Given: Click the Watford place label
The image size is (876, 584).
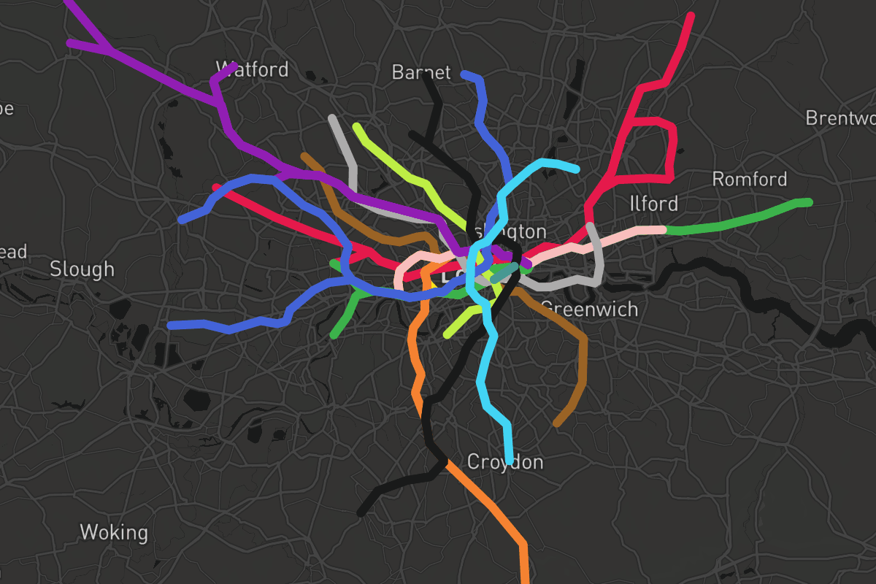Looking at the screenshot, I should point(253,70).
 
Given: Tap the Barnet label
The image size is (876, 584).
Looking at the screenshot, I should point(421,72).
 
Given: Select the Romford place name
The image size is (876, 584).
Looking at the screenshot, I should point(750,180).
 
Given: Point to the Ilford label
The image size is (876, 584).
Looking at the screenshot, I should point(653,204).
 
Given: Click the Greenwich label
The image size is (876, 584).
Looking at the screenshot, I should point(590,310).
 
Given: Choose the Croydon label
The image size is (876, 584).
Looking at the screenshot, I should point(505,463).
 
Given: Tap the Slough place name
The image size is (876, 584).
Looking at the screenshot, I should point(82,269).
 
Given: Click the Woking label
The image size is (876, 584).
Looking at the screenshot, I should point(113,532).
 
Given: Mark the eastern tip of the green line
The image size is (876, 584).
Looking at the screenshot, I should point(809,202).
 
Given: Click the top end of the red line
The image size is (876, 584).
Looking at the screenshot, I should point(691,15).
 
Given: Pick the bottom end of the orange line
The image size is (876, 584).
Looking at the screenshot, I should point(526,580).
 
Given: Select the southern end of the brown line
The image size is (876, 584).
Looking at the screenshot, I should point(557,423).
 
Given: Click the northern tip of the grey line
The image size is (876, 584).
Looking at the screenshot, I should point(332,118).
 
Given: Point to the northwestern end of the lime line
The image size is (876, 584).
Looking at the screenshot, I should point(356,126).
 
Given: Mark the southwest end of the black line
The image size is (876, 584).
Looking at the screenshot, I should point(361,513).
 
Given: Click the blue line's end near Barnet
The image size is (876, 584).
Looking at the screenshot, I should point(464,74).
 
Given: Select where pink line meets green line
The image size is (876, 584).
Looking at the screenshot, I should point(666,230).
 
